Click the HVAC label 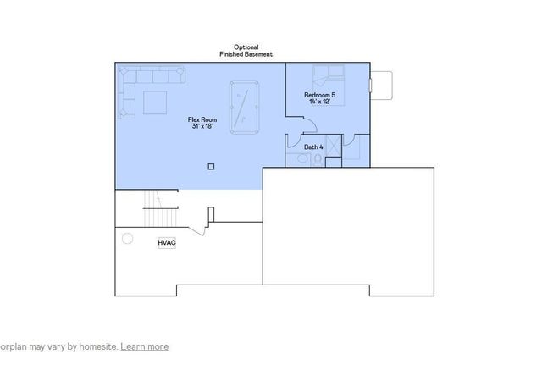[166, 243]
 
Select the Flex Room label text [202, 120]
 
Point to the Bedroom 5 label [319, 95]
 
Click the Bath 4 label [313, 147]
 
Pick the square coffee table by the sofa [154, 102]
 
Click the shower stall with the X [333, 147]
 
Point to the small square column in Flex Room [211, 166]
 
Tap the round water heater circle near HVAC [128, 238]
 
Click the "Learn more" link [144, 346]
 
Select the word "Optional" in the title [246, 47]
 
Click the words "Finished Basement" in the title [246, 54]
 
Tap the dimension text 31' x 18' [202, 127]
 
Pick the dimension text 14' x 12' [319, 102]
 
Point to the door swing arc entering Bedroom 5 [308, 124]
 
